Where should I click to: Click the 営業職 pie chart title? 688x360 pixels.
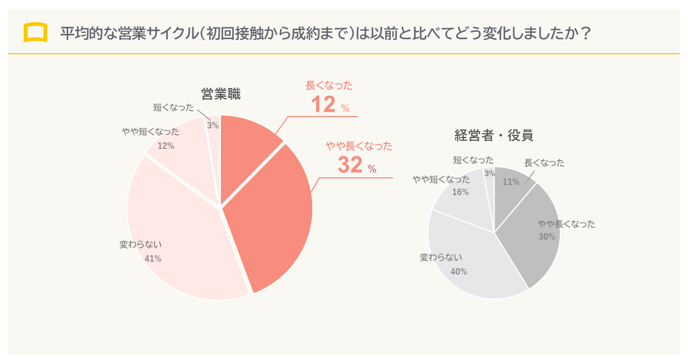(x=220, y=95)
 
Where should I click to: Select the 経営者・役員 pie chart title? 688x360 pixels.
(x=493, y=135)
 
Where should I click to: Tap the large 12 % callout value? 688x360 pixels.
(x=329, y=105)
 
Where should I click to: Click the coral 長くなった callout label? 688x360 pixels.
(x=329, y=85)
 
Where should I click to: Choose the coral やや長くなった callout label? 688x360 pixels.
(x=359, y=146)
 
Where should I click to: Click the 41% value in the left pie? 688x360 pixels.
(x=153, y=258)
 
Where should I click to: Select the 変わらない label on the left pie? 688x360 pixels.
(x=140, y=244)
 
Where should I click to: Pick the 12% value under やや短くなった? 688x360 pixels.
(x=166, y=146)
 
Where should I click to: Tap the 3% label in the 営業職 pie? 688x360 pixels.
(x=213, y=125)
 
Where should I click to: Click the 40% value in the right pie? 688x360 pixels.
(x=458, y=271)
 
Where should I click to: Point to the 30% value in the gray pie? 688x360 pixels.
(x=547, y=236)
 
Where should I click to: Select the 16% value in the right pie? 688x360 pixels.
(x=460, y=192)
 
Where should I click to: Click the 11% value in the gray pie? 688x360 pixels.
(x=511, y=182)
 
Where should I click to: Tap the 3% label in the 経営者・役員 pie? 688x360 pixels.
(x=490, y=173)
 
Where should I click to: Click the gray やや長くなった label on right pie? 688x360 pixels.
(x=567, y=224)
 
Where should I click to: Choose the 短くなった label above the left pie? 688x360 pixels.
(x=173, y=107)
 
